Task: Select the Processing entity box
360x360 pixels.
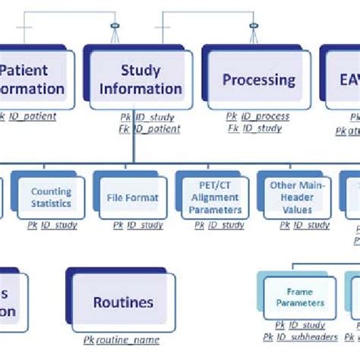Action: (x=258, y=79)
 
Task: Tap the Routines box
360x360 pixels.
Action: (x=123, y=302)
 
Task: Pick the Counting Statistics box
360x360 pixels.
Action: (x=51, y=198)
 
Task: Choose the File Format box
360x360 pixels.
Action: (x=133, y=198)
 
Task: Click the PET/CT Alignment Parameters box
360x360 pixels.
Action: (x=218, y=198)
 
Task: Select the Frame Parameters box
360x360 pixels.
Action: (x=299, y=297)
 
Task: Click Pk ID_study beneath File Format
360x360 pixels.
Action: (x=137, y=225)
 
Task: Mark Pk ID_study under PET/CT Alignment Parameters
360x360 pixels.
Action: (x=219, y=225)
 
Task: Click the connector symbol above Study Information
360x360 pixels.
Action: (x=115, y=30)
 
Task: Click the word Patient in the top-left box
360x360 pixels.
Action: (x=23, y=71)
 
